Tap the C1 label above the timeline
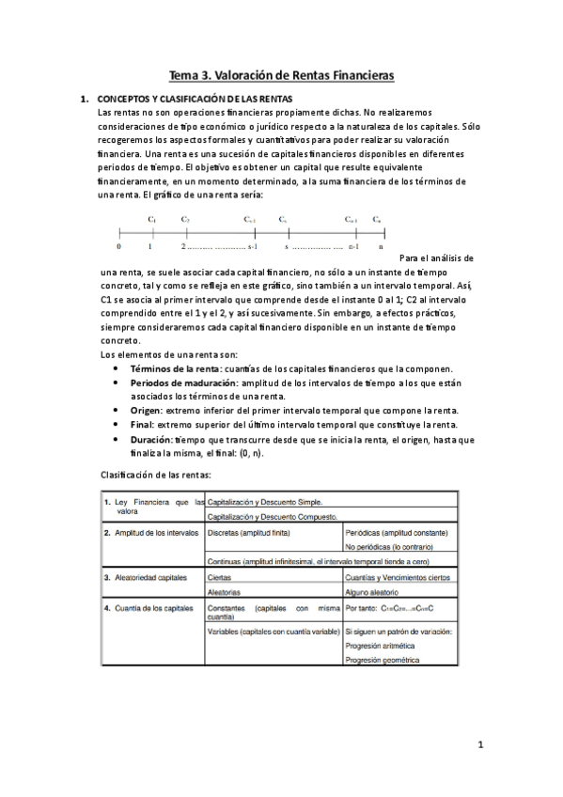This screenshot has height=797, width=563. point(151,219)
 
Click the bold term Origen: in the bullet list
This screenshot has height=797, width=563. point(150,411)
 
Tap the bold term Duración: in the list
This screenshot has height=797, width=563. point(156,439)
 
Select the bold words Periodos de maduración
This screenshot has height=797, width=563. point(183,383)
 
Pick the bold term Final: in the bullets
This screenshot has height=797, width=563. point(146,425)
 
